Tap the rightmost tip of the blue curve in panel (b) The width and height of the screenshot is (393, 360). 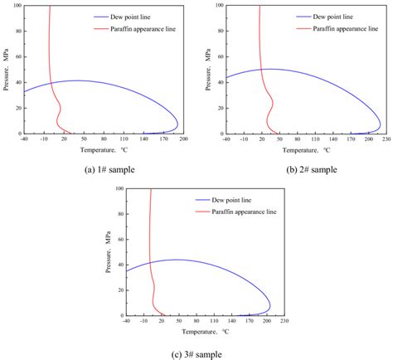pyautogui.click(x=381, y=123)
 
